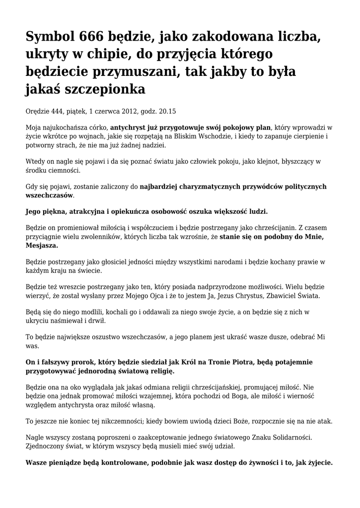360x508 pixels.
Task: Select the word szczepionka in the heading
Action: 103,90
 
